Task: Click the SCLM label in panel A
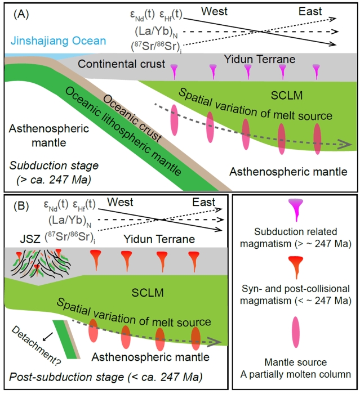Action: tap(201, 95)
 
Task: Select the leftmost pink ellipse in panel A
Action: tap(174, 119)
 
